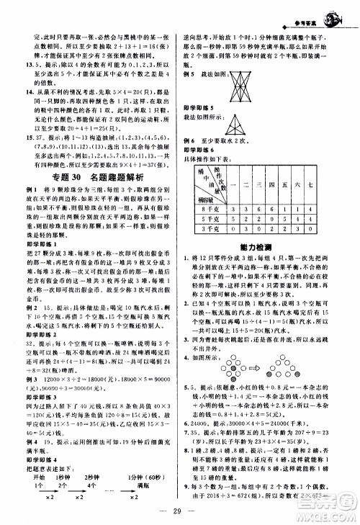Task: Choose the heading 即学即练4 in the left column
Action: tap(40, 449)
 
